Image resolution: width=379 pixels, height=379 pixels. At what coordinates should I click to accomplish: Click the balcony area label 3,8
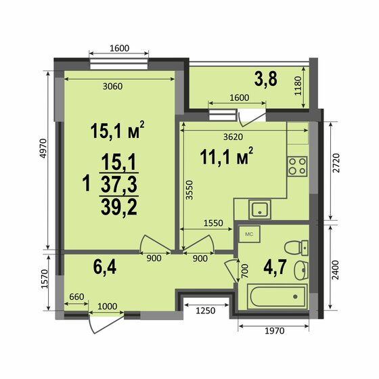pyautogui.click(x=266, y=79)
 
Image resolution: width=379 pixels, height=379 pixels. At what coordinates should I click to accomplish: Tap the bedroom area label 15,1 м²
pyautogui.click(x=118, y=130)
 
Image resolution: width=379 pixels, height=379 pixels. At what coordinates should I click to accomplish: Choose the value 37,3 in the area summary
pyautogui.click(x=118, y=184)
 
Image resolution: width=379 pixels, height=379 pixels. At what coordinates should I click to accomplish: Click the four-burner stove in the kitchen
pyautogui.click(x=297, y=166)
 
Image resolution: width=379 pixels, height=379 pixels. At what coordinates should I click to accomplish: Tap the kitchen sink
pyautogui.click(x=259, y=209)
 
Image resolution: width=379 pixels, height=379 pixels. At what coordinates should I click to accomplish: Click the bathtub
pyautogui.click(x=277, y=296)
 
